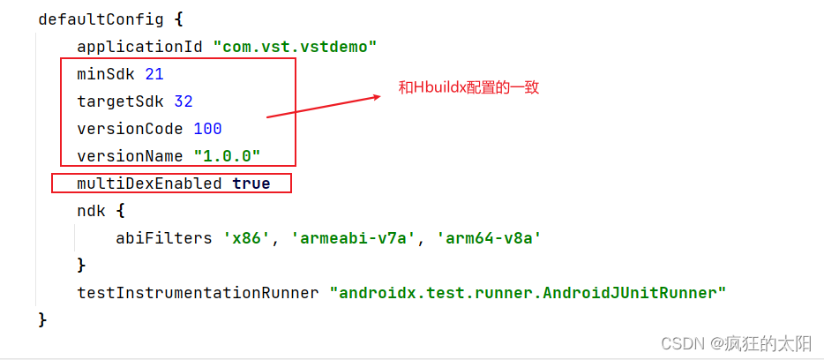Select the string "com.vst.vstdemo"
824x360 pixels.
tap(295, 46)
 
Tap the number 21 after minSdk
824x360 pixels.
tap(154, 74)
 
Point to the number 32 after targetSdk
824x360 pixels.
tap(184, 101)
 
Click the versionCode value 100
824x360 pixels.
tap(207, 129)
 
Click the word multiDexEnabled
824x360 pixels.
tap(149, 184)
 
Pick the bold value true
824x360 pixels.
tap(251, 184)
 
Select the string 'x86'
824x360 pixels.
tap(246, 238)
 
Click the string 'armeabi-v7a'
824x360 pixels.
tap(353, 238)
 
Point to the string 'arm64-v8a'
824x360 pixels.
tap(488, 238)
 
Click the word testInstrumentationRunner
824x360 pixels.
tap(198, 292)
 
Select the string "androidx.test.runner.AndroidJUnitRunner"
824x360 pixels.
tap(527, 292)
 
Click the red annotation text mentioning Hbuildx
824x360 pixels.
tap(468, 88)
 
